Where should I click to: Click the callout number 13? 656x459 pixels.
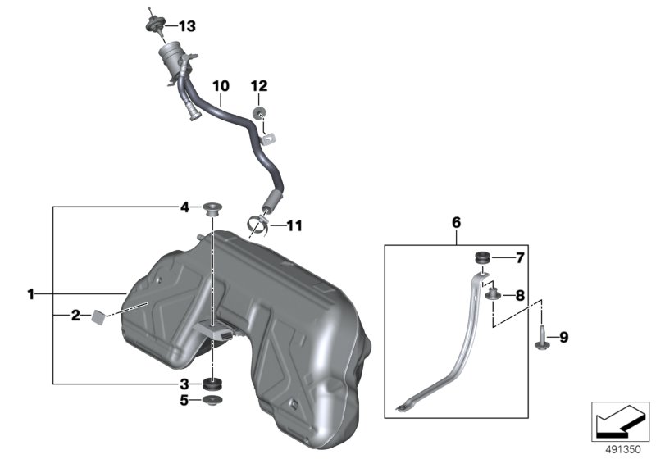tap(187, 26)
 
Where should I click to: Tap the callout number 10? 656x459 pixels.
tap(221, 86)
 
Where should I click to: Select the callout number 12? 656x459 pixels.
tap(259, 86)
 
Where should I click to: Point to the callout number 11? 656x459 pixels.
tap(294, 226)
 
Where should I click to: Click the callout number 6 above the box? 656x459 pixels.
tap(456, 222)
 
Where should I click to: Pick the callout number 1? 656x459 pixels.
tap(30, 294)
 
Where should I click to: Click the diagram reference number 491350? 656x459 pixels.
tap(623, 450)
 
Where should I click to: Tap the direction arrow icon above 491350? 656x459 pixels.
tap(620, 421)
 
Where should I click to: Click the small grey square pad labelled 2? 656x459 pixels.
tap(98, 316)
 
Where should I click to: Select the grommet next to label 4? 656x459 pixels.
tap(212, 208)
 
